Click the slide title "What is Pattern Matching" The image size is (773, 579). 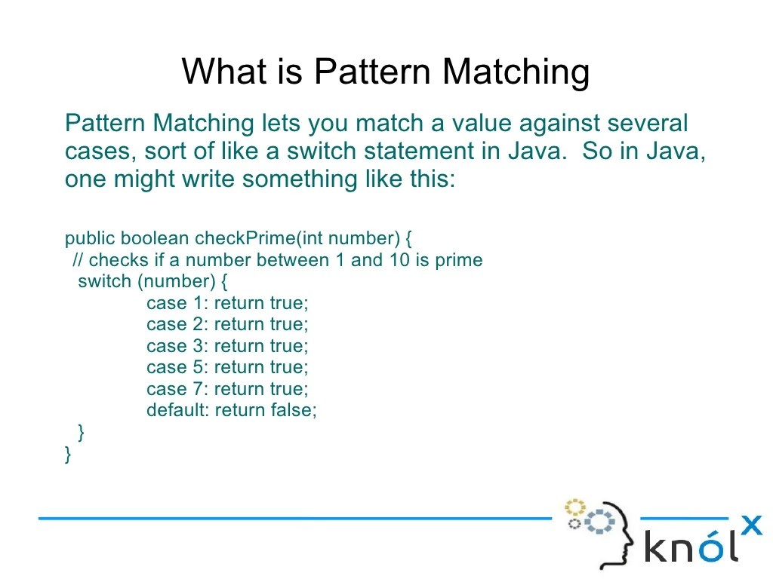click(x=385, y=72)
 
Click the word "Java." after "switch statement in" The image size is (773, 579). click(x=537, y=152)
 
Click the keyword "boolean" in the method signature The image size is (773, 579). click(x=155, y=239)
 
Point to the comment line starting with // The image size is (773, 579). click(x=277, y=261)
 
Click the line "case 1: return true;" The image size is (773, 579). click(x=227, y=303)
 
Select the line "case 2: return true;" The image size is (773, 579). click(x=227, y=325)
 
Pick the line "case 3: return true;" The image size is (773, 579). click(x=227, y=347)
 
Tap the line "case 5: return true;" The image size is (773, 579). click(x=227, y=368)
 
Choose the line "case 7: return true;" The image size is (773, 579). click(x=227, y=390)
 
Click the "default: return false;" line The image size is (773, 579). click(x=232, y=411)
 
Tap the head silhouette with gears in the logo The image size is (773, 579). click(x=600, y=532)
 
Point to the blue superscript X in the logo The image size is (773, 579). click(x=751, y=525)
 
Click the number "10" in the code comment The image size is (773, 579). click(x=399, y=261)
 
